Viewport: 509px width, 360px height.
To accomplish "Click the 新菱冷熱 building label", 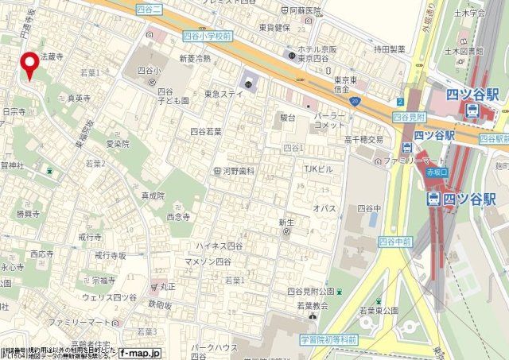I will [x=194, y=59].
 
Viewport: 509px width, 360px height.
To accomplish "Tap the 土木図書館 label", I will [x=487, y=51].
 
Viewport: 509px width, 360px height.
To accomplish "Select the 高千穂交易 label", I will [x=364, y=139].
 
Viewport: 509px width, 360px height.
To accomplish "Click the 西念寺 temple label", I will [x=179, y=215].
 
